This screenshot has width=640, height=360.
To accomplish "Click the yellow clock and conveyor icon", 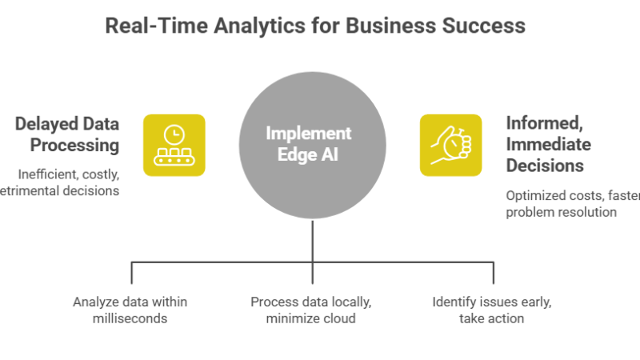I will pos(174,145).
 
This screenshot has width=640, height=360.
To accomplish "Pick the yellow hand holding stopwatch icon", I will pos(450,145).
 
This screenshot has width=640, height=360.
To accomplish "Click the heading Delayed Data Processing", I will pos(68,134).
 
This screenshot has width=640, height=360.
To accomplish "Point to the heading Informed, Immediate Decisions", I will pos(549,145).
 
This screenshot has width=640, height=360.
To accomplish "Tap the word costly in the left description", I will pos(100,174).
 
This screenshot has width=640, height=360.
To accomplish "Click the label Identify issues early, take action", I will pos(492,310).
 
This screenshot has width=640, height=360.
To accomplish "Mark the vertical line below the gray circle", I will pos(312,240).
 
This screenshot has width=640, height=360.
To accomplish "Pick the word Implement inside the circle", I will pos(309,134).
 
